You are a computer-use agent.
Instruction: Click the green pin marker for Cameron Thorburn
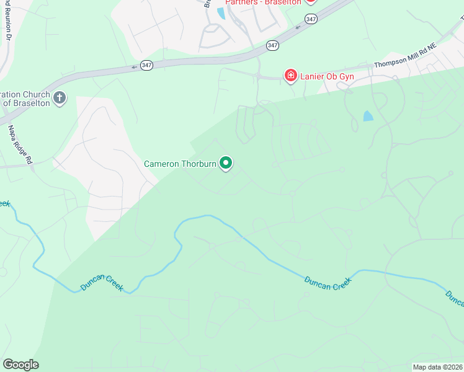tap(226, 163)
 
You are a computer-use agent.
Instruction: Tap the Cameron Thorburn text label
tap(180, 164)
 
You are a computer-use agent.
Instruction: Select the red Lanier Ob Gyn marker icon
tap(290, 76)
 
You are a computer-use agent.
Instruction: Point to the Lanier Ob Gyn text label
tap(326, 76)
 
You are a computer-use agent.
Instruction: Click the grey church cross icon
tap(60, 98)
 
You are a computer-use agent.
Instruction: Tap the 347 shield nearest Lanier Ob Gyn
tap(273, 45)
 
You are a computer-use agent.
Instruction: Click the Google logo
tap(20, 365)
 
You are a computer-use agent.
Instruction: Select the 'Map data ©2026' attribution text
tap(438, 367)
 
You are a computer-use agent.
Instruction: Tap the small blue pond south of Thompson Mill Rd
tap(368, 116)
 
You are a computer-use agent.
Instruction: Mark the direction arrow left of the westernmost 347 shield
tap(133, 66)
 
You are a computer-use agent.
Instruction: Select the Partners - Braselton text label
tap(263, 2)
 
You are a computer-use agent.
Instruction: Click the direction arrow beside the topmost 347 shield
tap(298, 26)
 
